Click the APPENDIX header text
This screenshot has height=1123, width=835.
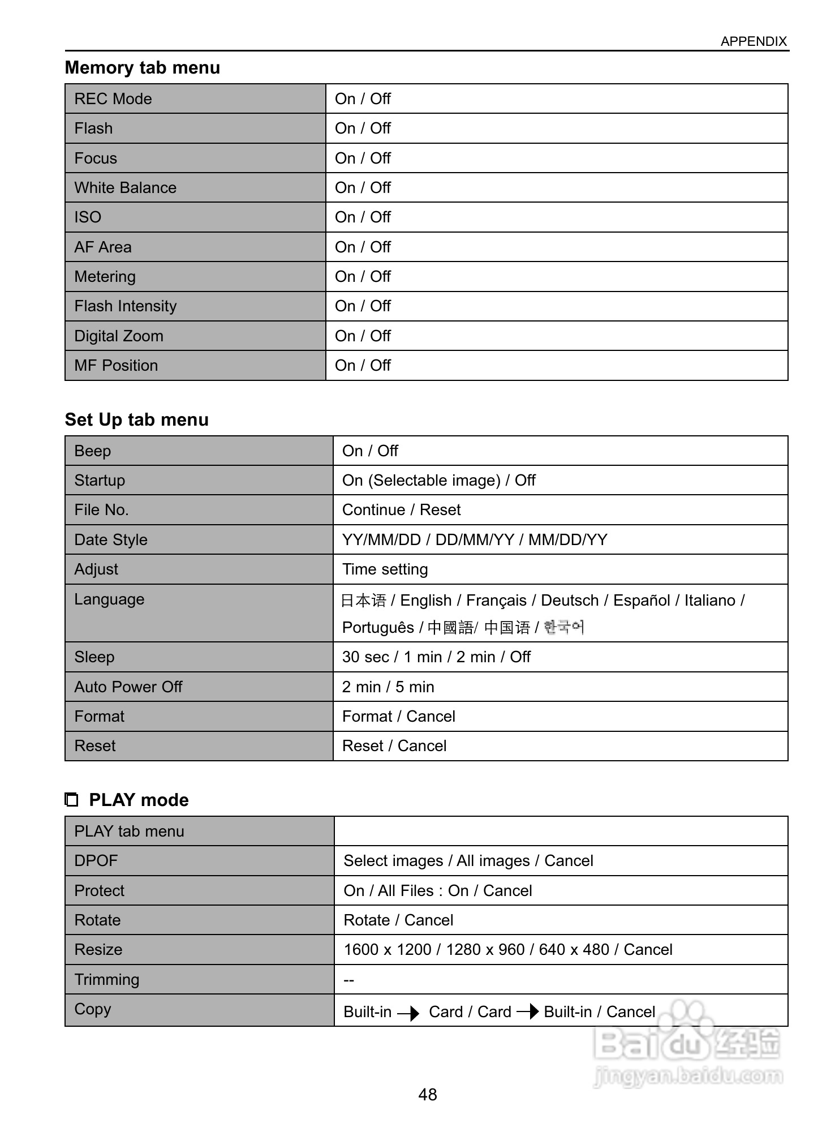[753, 41]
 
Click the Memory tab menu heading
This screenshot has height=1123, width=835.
[143, 67]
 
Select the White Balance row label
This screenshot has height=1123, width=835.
[126, 188]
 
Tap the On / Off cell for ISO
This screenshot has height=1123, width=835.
[363, 217]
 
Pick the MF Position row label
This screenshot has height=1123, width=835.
[116, 366]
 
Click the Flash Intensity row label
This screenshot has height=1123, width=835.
[126, 306]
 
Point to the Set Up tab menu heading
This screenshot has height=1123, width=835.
[137, 419]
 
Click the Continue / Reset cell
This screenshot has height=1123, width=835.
[401, 510]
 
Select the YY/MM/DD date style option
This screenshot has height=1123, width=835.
[381, 540]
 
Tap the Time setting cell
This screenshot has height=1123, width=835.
[385, 569]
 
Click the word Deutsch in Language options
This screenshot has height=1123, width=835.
[570, 601]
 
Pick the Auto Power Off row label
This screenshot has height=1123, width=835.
[128, 687]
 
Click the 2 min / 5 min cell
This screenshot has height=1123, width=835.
[388, 687]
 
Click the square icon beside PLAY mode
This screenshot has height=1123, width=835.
[71, 800]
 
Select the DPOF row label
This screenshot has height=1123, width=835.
[96, 861]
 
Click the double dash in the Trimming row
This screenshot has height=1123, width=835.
[348, 980]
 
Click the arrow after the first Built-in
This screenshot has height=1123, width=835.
[408, 1013]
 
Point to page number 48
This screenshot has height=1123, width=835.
[428, 1094]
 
